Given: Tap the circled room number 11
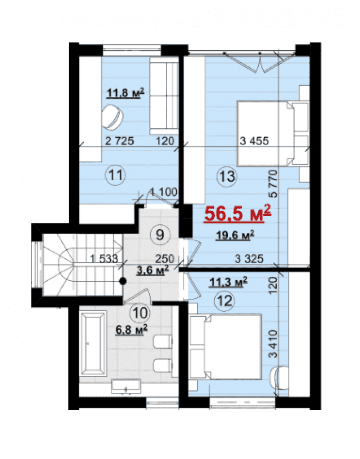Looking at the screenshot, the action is tap(115, 175).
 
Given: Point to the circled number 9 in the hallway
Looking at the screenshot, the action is tap(160, 235).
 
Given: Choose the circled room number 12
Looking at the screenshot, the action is tap(225, 301).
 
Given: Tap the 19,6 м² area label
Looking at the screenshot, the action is tap(235, 235).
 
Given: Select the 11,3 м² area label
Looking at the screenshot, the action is tap(228, 282).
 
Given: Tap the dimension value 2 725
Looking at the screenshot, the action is tap(120, 141).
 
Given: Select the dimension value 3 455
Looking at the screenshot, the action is tap(254, 141).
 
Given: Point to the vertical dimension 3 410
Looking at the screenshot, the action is tap(273, 344).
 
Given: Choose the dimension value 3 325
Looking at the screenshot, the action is tap(249, 259).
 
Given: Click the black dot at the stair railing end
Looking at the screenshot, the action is tap(123, 281).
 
